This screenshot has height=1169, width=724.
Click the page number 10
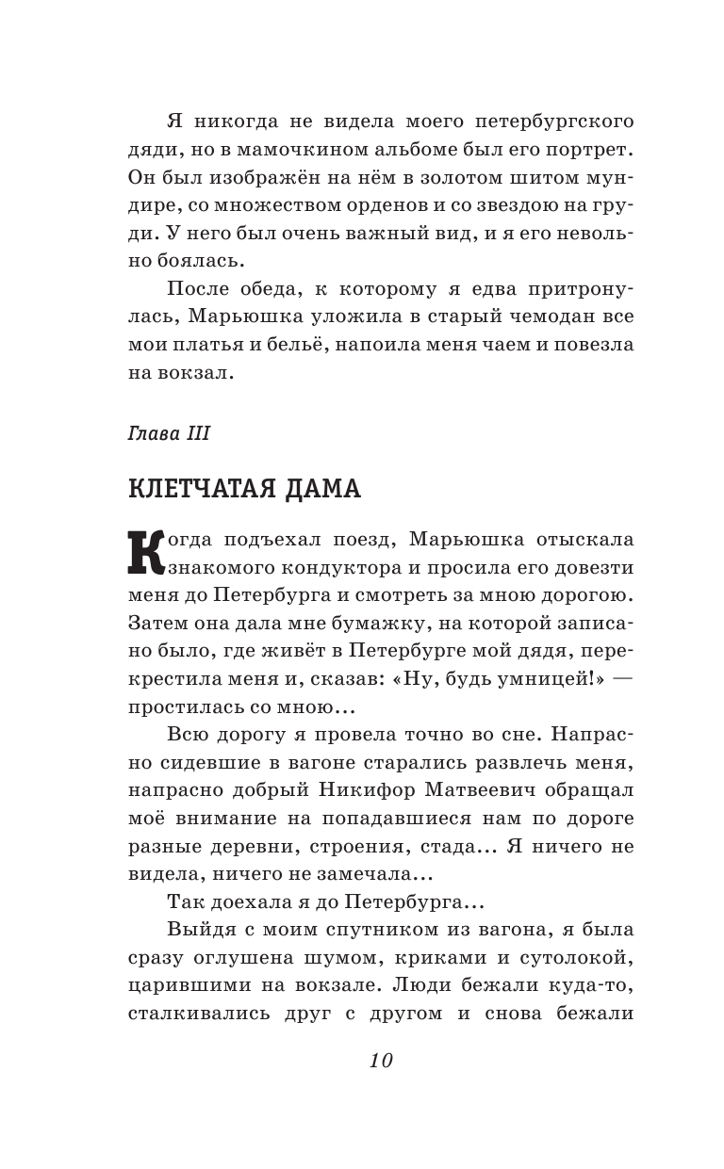pyautogui.click(x=380, y=1060)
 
